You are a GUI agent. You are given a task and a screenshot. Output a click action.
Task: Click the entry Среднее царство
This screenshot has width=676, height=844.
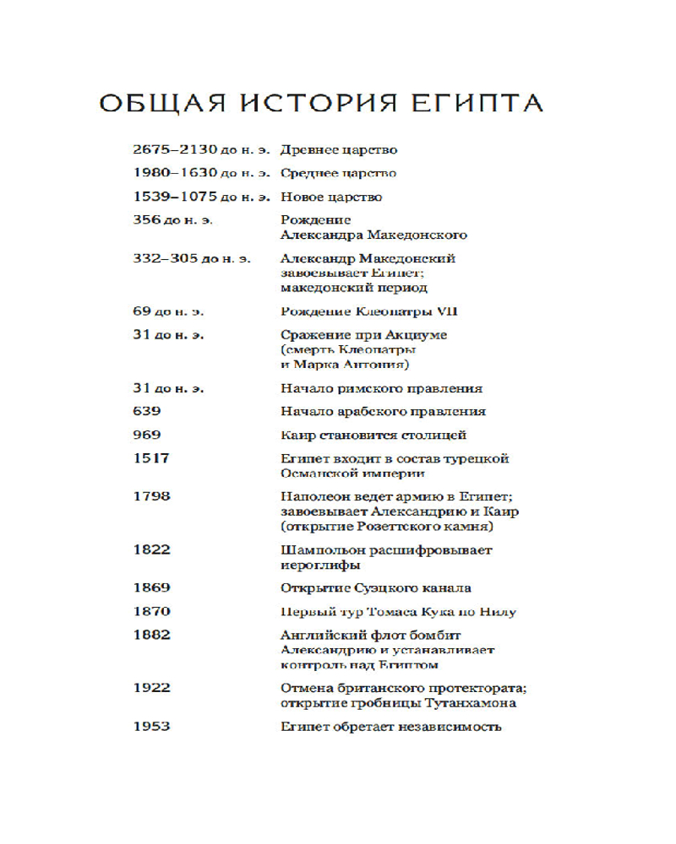pos(338,174)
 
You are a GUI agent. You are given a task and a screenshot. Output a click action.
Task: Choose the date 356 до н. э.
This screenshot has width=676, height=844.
pos(172,220)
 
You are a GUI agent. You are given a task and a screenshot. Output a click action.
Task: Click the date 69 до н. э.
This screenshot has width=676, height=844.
pos(168,311)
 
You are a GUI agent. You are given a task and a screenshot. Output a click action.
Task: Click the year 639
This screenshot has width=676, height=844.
pos(147,412)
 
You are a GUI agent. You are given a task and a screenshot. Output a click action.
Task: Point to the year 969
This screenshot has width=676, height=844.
pos(147,436)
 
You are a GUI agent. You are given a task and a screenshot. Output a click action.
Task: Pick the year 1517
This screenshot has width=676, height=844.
pos(151,458)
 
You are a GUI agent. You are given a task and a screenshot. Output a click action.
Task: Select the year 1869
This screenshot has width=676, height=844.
pos(151,588)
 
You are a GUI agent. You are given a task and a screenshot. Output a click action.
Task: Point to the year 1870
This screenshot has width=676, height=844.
pos(151,612)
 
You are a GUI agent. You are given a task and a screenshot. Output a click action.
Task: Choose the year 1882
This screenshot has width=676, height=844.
pos(151,635)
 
